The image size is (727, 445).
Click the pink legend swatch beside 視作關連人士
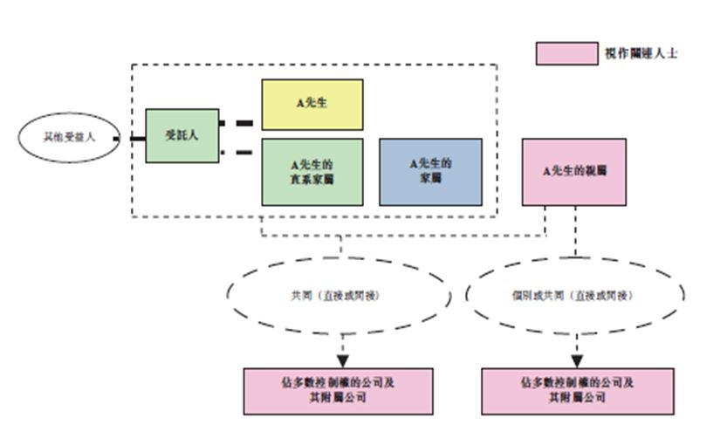tap(565, 53)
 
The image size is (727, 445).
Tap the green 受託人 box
tap(182, 136)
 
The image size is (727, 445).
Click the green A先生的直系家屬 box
tap(312, 172)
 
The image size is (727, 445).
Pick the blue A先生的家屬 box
tap(430, 172)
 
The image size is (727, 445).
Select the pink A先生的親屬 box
tap(574, 172)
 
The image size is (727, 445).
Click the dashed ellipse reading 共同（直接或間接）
tap(339, 296)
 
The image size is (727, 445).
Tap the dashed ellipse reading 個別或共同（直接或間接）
tap(575, 296)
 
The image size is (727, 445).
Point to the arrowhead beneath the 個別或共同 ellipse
tap(576, 359)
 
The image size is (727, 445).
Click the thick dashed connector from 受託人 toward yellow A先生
tap(240, 123)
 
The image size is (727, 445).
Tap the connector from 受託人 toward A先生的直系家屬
tap(240, 154)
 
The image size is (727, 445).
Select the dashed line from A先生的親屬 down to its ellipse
tap(575, 230)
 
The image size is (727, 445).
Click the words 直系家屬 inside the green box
tap(312, 179)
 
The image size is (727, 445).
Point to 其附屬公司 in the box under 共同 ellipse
tap(339, 397)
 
